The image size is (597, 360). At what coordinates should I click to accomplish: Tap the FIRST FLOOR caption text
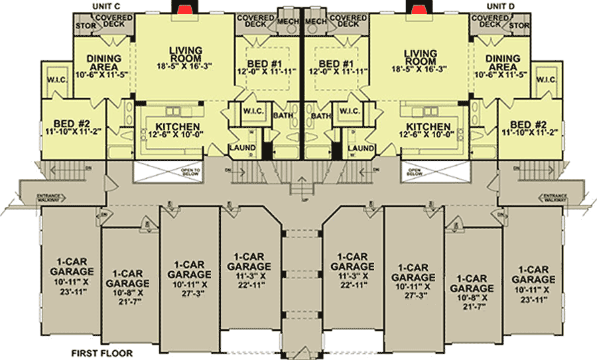click(103, 353)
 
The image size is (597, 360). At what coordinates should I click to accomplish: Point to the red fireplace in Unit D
click(418, 7)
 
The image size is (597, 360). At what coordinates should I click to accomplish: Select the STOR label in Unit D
click(521, 25)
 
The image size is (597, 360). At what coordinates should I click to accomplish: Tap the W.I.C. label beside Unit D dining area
click(546, 80)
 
